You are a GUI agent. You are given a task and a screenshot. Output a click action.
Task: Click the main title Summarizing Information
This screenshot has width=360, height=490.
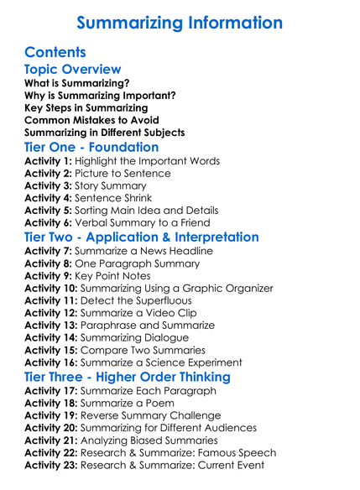point(180,23)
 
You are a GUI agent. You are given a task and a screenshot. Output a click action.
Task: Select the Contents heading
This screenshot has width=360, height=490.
point(55,52)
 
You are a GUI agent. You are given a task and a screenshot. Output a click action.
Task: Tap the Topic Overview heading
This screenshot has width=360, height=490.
point(73,70)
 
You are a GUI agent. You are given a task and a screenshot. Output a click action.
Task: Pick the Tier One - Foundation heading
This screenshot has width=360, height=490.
point(92,147)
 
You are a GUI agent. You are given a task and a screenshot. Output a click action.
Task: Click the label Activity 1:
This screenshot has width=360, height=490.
point(49,161)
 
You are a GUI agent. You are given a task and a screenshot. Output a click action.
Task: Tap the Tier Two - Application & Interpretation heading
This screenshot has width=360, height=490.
point(142,237)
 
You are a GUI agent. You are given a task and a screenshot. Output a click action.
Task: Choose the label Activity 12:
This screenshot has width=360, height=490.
point(52,313)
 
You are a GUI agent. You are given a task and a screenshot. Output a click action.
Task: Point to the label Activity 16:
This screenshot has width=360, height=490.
point(52,362)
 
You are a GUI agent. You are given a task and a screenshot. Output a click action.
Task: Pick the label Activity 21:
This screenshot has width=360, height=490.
point(52,440)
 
